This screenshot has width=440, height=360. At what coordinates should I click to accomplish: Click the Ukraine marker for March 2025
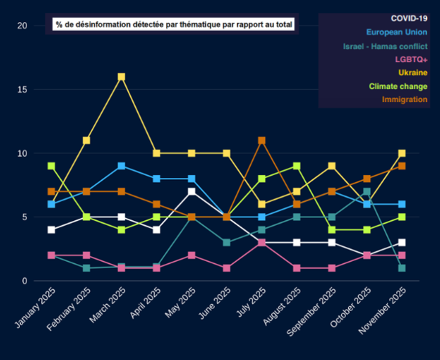tap(121, 77)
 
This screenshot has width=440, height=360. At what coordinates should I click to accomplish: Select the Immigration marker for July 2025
tap(262, 141)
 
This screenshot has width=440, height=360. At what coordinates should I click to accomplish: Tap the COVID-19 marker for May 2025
tap(191, 192)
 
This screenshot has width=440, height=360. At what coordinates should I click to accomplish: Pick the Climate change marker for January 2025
tap(51, 166)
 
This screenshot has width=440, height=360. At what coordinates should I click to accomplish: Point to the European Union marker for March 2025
tap(121, 166)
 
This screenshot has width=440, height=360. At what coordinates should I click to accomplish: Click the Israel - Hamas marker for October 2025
tap(367, 192)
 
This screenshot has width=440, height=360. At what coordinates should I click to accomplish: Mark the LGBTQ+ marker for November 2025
tap(402, 255)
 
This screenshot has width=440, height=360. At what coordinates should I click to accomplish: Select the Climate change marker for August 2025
tap(297, 166)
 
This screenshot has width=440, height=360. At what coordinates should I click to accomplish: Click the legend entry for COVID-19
tap(409, 19)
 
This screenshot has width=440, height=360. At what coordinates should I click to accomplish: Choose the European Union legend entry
tap(397, 33)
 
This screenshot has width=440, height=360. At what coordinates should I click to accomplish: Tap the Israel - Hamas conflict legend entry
tap(385, 46)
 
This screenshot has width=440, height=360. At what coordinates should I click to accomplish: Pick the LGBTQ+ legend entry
tap(411, 60)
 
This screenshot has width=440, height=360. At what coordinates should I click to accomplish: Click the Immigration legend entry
tap(404, 100)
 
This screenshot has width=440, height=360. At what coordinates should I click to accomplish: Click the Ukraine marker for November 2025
tap(402, 153)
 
